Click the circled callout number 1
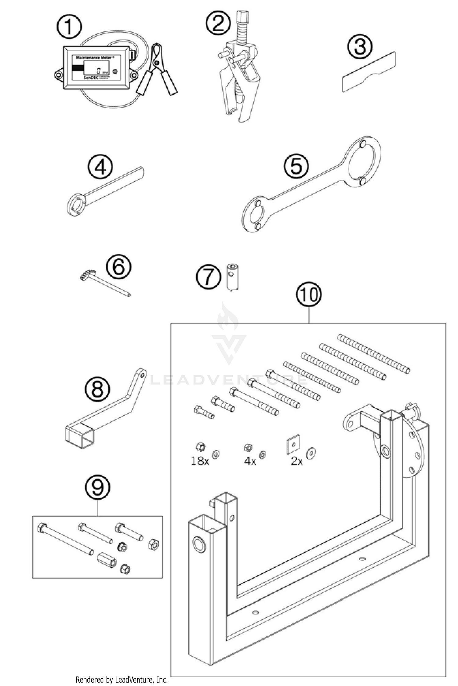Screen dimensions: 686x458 click(x=69, y=27)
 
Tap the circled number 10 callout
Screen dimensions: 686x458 click(x=309, y=295)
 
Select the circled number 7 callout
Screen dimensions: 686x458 click(x=208, y=277)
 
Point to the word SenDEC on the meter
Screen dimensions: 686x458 click(x=93, y=78)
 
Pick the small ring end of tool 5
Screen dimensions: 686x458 click(x=255, y=215)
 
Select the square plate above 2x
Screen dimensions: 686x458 click(x=293, y=442)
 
